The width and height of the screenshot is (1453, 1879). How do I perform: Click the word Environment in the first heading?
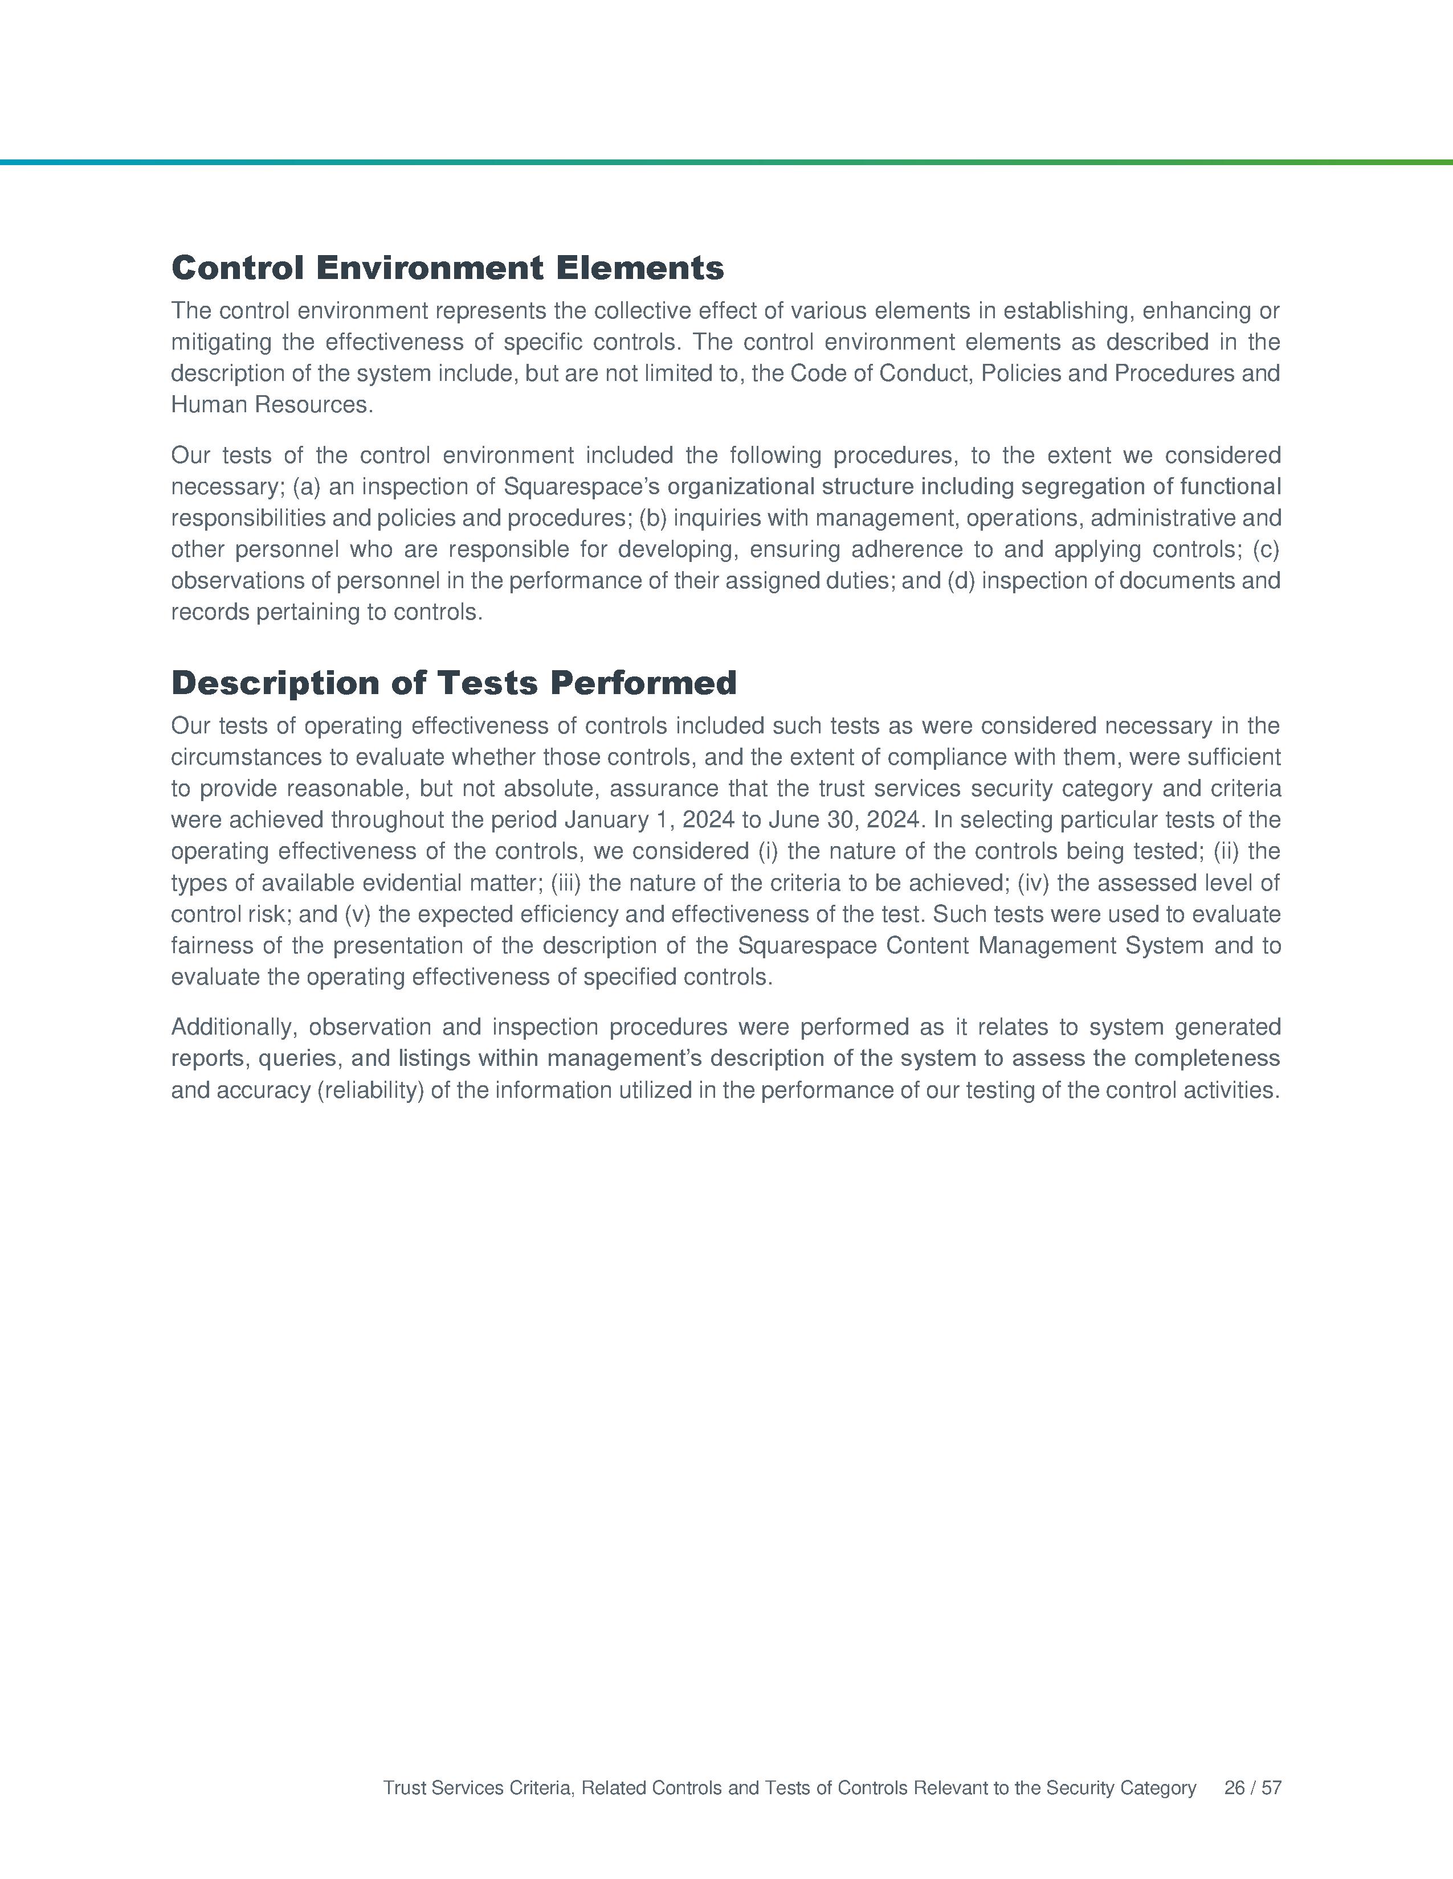pyautogui.click(x=430, y=268)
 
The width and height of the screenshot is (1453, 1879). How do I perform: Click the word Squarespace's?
pyautogui.click(x=582, y=487)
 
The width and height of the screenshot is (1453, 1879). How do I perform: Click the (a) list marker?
pyautogui.click(x=307, y=487)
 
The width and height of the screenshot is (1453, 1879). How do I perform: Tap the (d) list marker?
pyautogui.click(x=961, y=581)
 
